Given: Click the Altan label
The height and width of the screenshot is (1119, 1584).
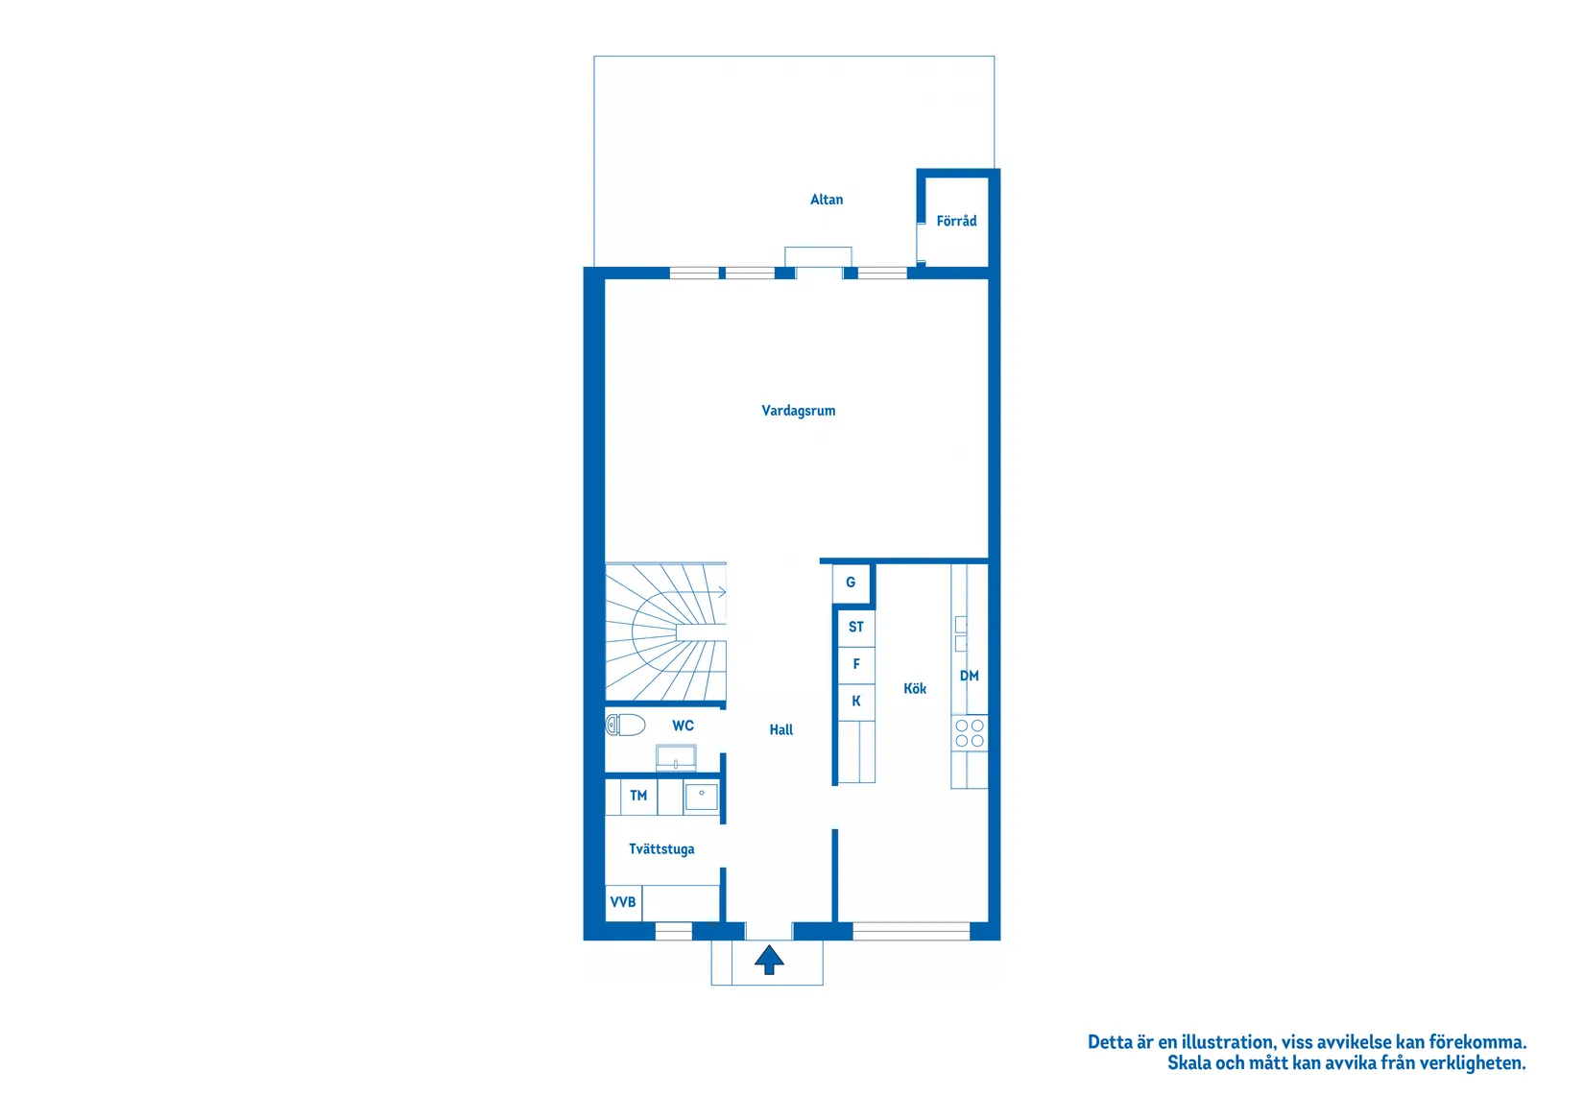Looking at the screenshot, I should coord(827,200).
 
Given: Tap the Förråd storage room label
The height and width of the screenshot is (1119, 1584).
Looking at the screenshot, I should coord(956,221).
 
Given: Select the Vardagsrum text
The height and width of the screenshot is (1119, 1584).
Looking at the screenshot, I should coord(798,411).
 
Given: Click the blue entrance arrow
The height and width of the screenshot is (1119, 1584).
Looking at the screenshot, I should coord(769,959).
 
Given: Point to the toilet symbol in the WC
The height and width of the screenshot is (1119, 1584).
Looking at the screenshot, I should coord(625,725).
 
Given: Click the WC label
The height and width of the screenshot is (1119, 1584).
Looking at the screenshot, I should coord(683,726).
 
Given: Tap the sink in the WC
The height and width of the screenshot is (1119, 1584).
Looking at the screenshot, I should coord(676,758).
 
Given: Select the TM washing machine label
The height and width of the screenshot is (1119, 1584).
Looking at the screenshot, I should coord(638,796).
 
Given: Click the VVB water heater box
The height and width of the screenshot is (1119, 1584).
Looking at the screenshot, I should coord(623,902).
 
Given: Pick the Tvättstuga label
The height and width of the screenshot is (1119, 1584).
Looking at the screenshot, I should coord(661,849).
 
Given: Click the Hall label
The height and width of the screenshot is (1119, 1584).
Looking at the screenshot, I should coord(781,730).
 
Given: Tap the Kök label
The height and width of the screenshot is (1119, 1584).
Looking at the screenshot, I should coord(915,689).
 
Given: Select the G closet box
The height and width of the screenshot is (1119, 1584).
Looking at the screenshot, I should coord(851,583).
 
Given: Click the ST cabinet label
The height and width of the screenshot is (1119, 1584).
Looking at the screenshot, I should coord(856,627).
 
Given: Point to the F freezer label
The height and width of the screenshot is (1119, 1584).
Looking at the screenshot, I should coord(856,664).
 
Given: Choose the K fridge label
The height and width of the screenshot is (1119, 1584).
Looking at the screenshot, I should coord(856,702).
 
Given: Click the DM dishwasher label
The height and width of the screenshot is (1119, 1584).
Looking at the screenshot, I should coord(970,676).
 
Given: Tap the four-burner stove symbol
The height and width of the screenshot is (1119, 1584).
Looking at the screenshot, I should coord(970,733).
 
